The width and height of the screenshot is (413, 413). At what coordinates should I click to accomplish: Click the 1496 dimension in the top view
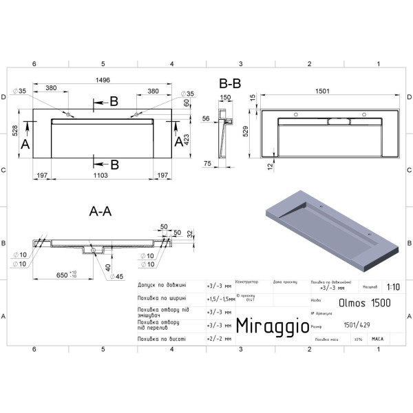[x=103, y=81]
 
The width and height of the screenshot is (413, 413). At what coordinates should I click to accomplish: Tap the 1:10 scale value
[x=392, y=288]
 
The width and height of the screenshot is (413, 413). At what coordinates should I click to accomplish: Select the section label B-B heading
[x=230, y=83]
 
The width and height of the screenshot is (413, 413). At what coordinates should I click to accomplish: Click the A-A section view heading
[x=101, y=212]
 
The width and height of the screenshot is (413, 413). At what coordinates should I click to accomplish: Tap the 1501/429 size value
[x=354, y=327]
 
